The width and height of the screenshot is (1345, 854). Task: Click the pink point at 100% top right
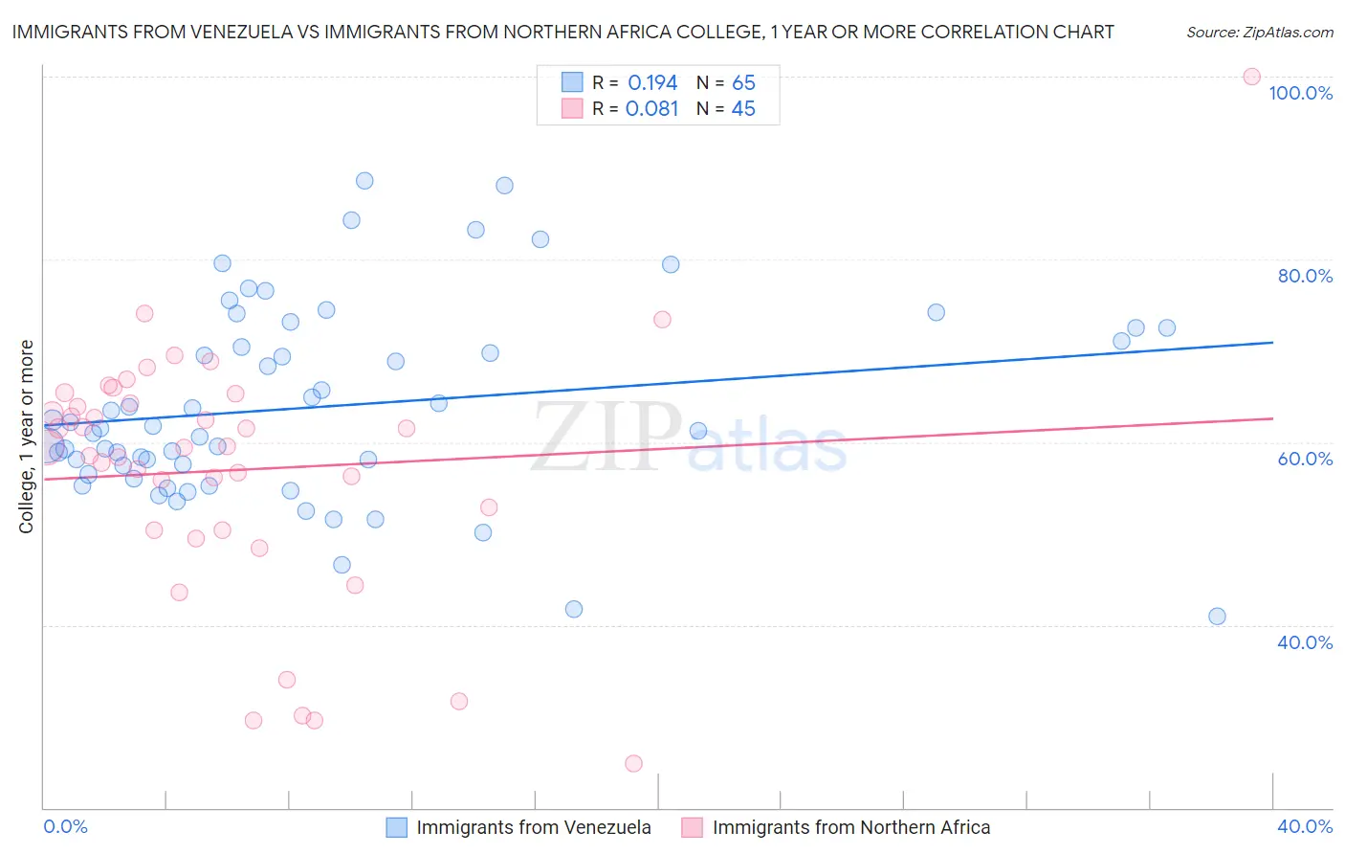coord(1251,77)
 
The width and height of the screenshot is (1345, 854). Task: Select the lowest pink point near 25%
coord(633,763)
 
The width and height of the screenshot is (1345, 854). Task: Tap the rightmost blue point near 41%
coord(1217,617)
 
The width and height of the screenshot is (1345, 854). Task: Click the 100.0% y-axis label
coord(1300,93)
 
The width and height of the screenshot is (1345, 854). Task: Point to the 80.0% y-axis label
coord(1305,276)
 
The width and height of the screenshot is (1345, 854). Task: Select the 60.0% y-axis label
coord(1305,459)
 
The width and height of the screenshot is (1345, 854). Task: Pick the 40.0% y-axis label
coord(1305,642)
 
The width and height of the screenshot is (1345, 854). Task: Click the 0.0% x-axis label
coord(65,826)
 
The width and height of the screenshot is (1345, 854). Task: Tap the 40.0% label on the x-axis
coord(1305,826)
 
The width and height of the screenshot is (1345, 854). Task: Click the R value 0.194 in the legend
coord(652,83)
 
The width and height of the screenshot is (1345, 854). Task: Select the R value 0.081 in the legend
coord(651,109)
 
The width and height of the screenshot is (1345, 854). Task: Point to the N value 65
coord(743,83)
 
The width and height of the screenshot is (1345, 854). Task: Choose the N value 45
coord(743,109)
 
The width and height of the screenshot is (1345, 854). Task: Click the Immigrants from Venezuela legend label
coord(533,827)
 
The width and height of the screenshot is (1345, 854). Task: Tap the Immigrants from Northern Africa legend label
coord(850,827)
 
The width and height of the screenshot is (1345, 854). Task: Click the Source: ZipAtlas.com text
coord(1259,33)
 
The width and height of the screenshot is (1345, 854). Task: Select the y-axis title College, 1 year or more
coord(27,437)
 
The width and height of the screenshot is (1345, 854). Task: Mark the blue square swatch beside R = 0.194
coord(572,82)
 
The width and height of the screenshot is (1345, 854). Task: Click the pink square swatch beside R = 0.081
coord(572,108)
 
